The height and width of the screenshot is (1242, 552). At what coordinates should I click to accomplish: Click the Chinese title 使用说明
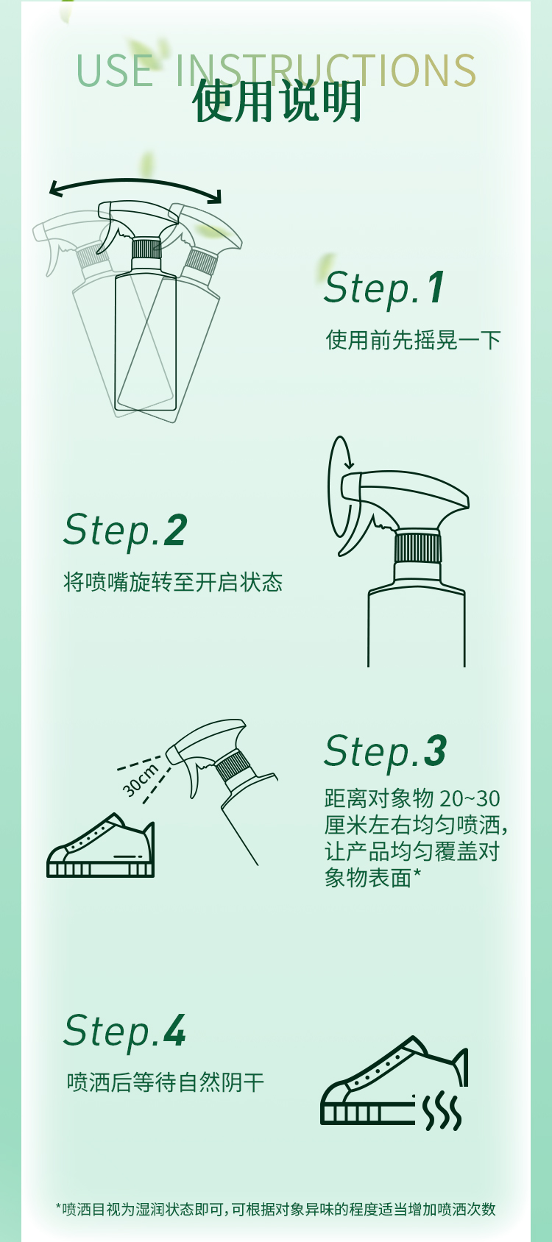tap(277, 102)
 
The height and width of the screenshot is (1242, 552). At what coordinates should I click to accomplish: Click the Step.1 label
tap(384, 288)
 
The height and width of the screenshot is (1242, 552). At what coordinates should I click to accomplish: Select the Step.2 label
tap(125, 530)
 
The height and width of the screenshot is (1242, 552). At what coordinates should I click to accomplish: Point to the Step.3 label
tap(385, 751)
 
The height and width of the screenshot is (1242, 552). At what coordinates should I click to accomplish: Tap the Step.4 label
tap(124, 1031)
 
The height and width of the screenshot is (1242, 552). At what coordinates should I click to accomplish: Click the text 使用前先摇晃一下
tap(413, 340)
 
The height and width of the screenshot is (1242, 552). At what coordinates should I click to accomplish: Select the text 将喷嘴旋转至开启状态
tap(173, 582)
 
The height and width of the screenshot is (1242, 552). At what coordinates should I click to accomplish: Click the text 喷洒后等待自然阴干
tap(165, 1082)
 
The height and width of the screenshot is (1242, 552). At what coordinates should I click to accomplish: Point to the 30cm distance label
tap(141, 781)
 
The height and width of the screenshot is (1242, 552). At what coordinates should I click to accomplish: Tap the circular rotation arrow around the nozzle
tap(339, 486)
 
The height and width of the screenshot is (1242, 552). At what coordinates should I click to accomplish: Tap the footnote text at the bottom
tap(276, 1209)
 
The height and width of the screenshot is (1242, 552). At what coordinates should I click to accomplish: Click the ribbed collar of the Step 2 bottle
tap(417, 547)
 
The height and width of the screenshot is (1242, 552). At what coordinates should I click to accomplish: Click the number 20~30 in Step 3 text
tap(470, 798)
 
